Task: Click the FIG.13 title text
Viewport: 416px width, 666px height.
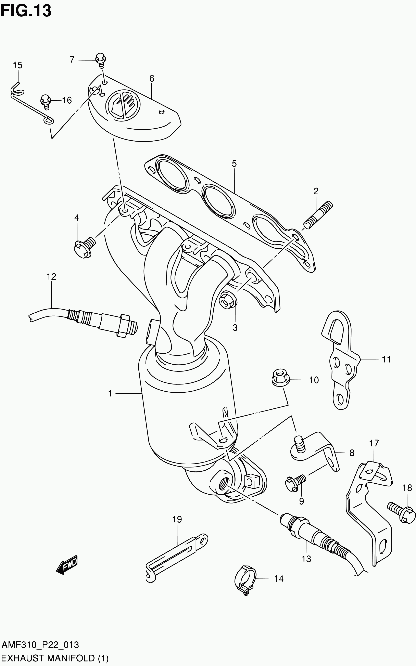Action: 26,11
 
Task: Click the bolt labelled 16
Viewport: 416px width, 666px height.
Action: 46,101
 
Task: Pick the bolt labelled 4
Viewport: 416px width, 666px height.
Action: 84,247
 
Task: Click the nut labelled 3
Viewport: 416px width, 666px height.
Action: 228,299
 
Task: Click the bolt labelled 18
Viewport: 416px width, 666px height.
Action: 402,514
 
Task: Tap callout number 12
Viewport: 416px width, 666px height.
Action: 51,276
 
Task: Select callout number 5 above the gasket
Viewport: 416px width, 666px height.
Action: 234,164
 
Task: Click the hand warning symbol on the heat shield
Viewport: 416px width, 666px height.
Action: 123,104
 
